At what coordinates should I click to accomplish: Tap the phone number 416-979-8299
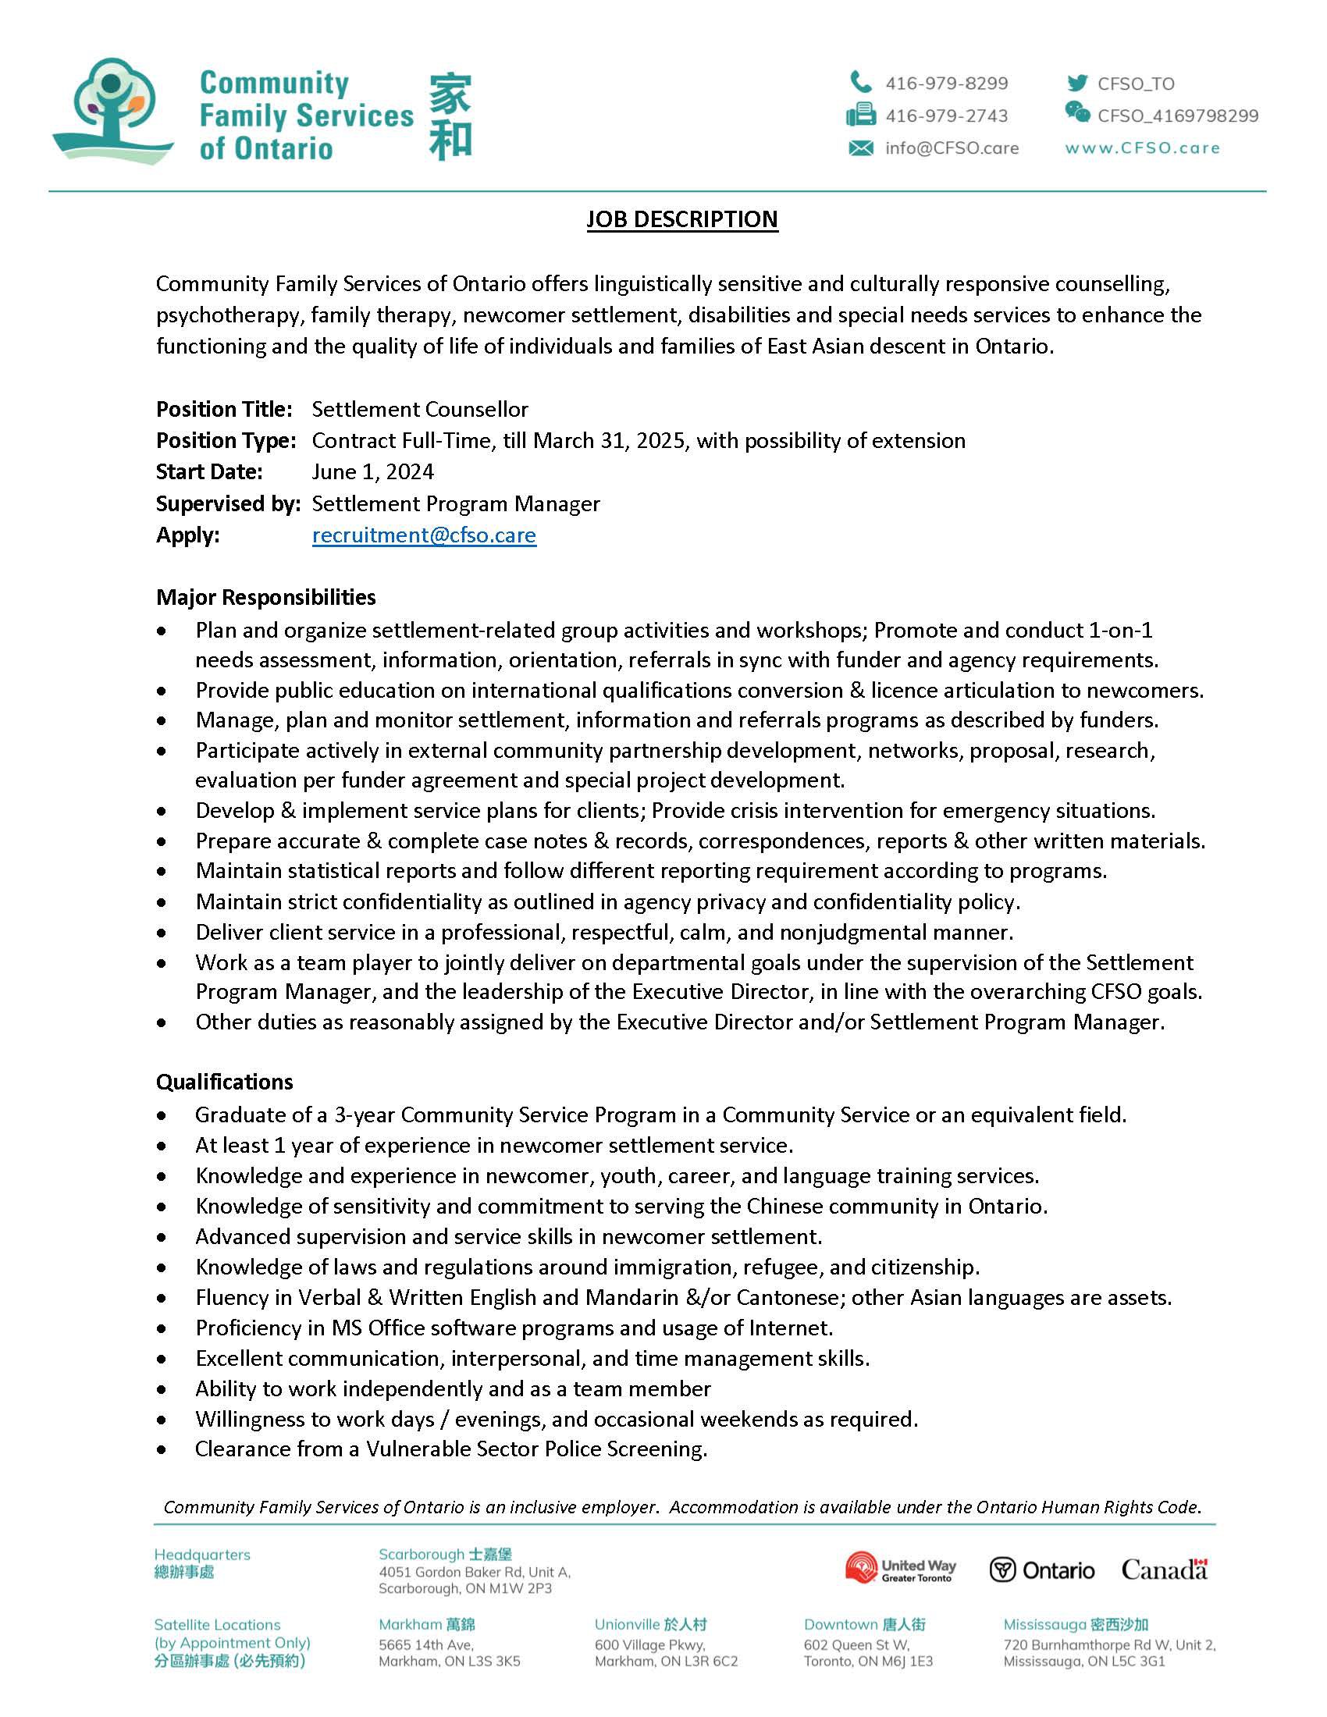click(x=946, y=84)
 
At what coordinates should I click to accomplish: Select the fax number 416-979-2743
click(x=946, y=116)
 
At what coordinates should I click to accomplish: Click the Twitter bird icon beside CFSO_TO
click(x=1076, y=83)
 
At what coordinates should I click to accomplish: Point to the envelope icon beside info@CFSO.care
click(x=861, y=148)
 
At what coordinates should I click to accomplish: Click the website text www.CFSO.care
click(x=1142, y=148)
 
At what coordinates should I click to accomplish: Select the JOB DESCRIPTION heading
click(x=681, y=219)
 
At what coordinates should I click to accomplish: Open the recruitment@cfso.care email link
click(x=424, y=535)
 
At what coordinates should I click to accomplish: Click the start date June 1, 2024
click(x=372, y=471)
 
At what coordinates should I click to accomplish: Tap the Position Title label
click(x=224, y=409)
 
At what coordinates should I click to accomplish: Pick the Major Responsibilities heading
click(x=265, y=597)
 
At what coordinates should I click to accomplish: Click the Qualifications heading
click(x=224, y=1082)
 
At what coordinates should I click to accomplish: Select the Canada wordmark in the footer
click(x=1165, y=1569)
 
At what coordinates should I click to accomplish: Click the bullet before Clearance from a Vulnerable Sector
click(x=162, y=1449)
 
